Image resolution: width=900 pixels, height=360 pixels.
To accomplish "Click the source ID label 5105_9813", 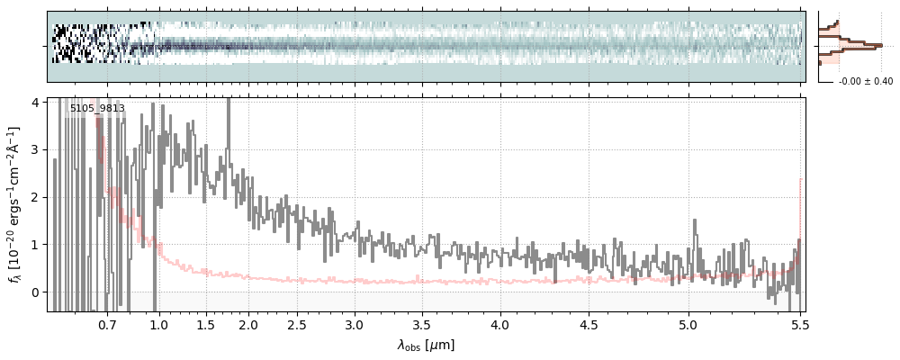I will point(97,109).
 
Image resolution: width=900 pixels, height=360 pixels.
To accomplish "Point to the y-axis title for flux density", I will point(13,204).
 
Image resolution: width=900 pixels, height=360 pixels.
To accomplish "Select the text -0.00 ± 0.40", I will point(865,82).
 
